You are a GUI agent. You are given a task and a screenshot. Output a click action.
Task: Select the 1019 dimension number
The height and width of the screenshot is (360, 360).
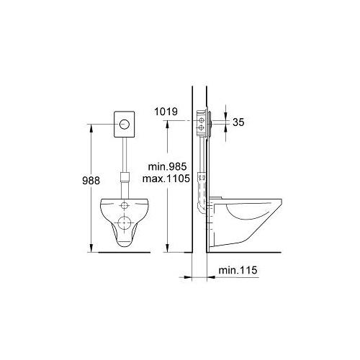[x=166, y=112]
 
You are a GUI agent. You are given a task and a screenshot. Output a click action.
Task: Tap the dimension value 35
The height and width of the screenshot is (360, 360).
[x=239, y=123]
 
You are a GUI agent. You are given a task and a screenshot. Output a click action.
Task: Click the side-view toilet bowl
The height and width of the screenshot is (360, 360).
[x=248, y=220]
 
